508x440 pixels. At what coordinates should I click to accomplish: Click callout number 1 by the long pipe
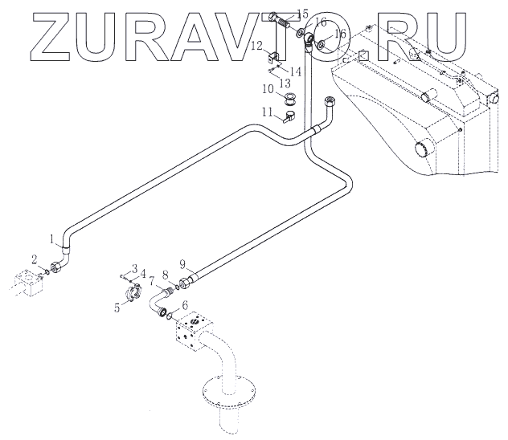[x=53, y=238]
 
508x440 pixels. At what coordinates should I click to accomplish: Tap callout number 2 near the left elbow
[x=34, y=258]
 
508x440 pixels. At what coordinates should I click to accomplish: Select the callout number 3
[x=135, y=267]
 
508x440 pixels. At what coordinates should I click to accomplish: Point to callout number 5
[x=117, y=306]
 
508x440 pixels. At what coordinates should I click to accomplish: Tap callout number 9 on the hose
[x=182, y=264]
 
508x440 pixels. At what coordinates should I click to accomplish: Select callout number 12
[x=254, y=47]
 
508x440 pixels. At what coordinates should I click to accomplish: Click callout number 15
[x=302, y=14]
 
